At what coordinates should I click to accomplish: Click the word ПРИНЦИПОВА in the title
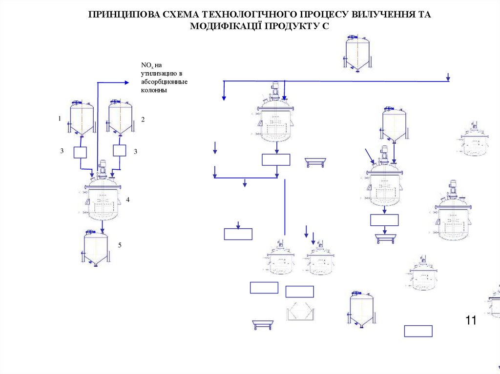[124, 15]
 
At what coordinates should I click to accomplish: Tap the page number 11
[471, 320]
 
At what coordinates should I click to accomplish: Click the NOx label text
[147, 65]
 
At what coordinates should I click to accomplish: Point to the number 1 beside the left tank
[60, 118]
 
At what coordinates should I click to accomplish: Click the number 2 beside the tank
[143, 119]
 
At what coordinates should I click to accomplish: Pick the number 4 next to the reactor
[127, 200]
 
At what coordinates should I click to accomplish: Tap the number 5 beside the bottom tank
[120, 245]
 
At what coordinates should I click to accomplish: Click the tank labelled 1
[81, 118]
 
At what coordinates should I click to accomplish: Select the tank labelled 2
[120, 118]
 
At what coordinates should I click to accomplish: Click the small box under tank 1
[80, 152]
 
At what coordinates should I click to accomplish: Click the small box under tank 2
[120, 150]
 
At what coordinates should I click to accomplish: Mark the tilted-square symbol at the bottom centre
[300, 311]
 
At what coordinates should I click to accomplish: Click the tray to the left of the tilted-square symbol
[262, 324]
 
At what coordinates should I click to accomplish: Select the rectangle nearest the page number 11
[418, 331]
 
